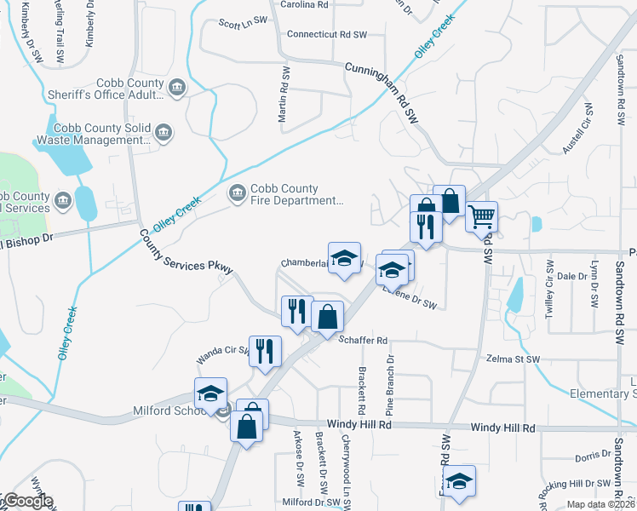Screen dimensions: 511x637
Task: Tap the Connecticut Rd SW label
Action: [x=326, y=35]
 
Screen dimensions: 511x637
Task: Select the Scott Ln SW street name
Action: [x=243, y=23]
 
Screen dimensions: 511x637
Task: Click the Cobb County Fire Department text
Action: [x=296, y=195]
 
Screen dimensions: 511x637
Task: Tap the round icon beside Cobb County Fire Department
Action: [x=236, y=195]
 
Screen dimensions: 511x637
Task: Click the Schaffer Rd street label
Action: [x=363, y=341]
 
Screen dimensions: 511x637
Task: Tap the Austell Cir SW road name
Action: [x=577, y=129]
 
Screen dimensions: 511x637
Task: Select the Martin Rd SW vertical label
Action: [x=284, y=95]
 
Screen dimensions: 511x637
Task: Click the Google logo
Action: [x=27, y=502]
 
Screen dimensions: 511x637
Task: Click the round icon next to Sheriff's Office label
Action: [x=177, y=88]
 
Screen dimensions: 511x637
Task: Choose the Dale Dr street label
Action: [x=566, y=277]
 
